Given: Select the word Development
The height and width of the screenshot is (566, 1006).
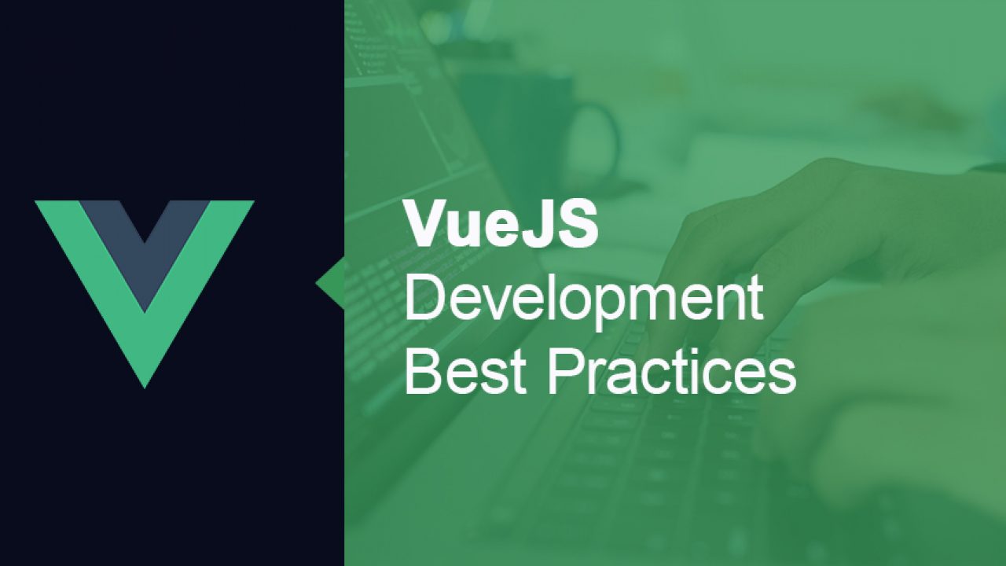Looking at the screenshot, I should [583, 300].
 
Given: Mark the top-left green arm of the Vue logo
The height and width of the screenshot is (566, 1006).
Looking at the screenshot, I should [63, 216].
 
